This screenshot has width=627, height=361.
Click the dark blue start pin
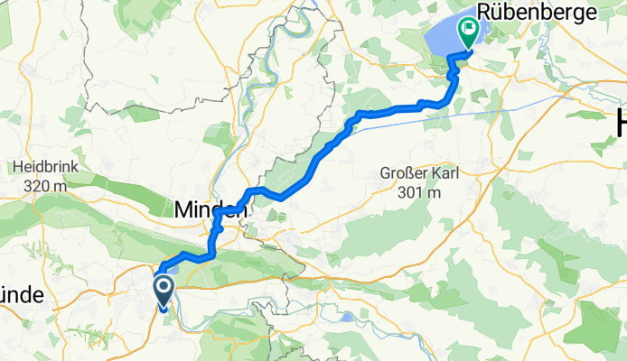[164, 291]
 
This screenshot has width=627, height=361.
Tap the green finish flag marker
[469, 32]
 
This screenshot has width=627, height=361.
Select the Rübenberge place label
[540, 13]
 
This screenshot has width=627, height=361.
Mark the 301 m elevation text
[417, 192]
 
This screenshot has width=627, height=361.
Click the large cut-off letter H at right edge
[619, 121]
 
